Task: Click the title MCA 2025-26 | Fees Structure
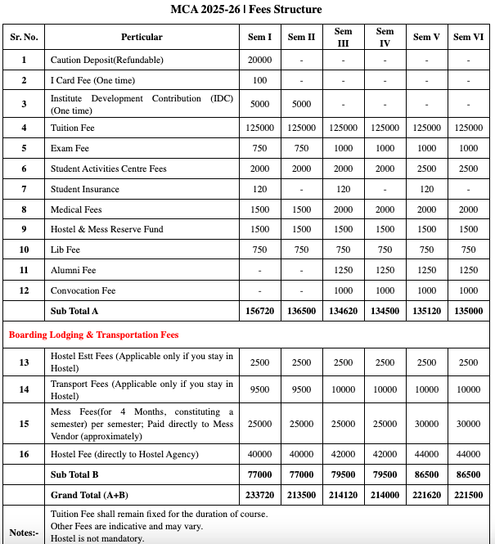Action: [x=247, y=10]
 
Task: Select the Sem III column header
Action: [x=343, y=37]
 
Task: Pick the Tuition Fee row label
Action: [x=72, y=128]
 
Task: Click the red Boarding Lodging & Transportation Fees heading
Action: [x=93, y=335]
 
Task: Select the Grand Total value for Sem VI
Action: [x=468, y=496]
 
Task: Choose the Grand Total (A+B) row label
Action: [x=91, y=496]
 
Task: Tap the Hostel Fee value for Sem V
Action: [x=426, y=454]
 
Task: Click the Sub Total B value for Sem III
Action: [x=343, y=474]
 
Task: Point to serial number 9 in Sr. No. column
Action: [x=24, y=229]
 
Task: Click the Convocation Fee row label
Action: [x=83, y=290]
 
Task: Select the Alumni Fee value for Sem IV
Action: [x=385, y=270]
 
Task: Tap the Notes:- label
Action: [x=23, y=532]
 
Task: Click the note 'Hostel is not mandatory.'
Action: [x=97, y=538]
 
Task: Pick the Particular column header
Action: [x=142, y=37]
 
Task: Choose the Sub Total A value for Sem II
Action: [x=301, y=311]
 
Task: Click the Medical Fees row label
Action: [x=76, y=209]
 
